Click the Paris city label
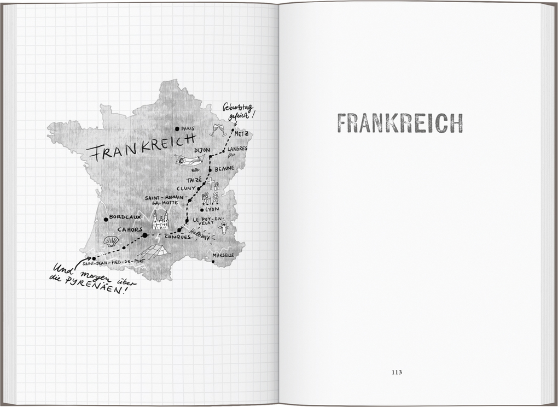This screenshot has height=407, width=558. (188, 129)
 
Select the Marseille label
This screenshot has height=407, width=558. (223, 255)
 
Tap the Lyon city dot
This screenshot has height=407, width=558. (202, 209)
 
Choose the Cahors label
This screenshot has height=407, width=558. (130, 229)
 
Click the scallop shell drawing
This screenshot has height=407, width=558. (111, 241)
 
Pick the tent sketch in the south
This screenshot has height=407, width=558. (153, 251)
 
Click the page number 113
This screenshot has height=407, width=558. (397, 373)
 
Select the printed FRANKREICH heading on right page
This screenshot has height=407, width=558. (399, 123)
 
